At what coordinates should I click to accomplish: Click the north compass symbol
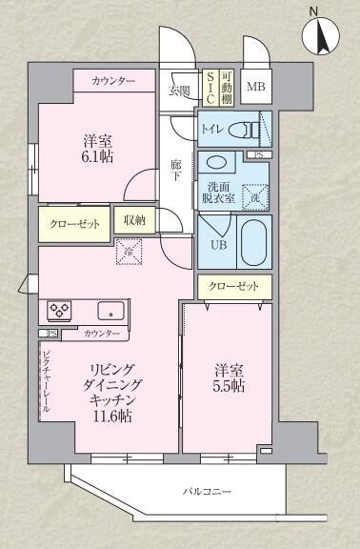321,37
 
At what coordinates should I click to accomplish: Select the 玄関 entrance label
179,91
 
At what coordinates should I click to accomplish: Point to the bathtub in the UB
254,242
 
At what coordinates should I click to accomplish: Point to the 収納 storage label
134,220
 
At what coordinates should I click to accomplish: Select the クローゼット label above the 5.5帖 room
233,285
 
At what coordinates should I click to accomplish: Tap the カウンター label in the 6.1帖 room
113,82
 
